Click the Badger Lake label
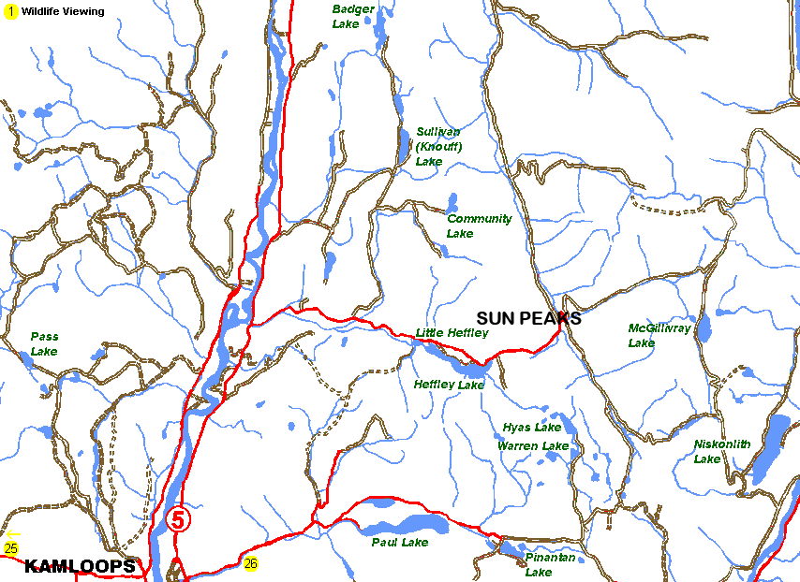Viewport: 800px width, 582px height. (x=353, y=16)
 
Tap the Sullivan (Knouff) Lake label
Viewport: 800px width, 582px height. (x=437, y=147)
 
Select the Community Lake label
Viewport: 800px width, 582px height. (x=479, y=226)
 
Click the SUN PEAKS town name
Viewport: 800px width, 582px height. (x=528, y=318)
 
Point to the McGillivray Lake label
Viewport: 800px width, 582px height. (x=659, y=335)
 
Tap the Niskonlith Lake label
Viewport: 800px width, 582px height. (x=721, y=451)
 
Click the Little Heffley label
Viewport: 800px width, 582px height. (x=452, y=333)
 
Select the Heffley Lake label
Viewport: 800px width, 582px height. (x=449, y=385)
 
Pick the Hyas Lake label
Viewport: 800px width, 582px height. (x=531, y=428)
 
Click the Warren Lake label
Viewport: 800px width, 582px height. (x=532, y=446)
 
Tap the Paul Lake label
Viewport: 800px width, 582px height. (x=399, y=543)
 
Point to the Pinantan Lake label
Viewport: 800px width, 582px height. (x=550, y=564)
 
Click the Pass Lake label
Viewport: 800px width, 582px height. (x=44, y=343)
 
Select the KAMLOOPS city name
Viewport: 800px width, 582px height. (x=80, y=566)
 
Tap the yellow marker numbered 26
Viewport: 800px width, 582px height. (x=250, y=563)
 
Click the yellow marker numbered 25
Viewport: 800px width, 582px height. (x=11, y=548)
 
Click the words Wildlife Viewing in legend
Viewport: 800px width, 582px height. (x=64, y=11)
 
